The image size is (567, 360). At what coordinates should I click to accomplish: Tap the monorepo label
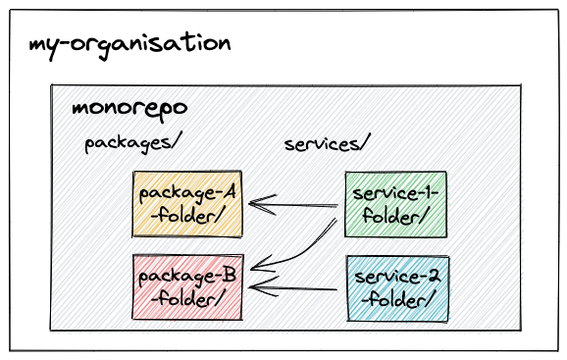(129, 107)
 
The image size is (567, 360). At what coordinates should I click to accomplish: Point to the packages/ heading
(133, 143)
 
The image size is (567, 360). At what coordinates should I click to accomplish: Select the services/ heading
(326, 143)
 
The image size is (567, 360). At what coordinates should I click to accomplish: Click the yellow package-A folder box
(187, 203)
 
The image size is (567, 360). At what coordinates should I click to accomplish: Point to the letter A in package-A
(229, 190)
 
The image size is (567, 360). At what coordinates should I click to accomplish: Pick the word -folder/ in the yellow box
(187, 215)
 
